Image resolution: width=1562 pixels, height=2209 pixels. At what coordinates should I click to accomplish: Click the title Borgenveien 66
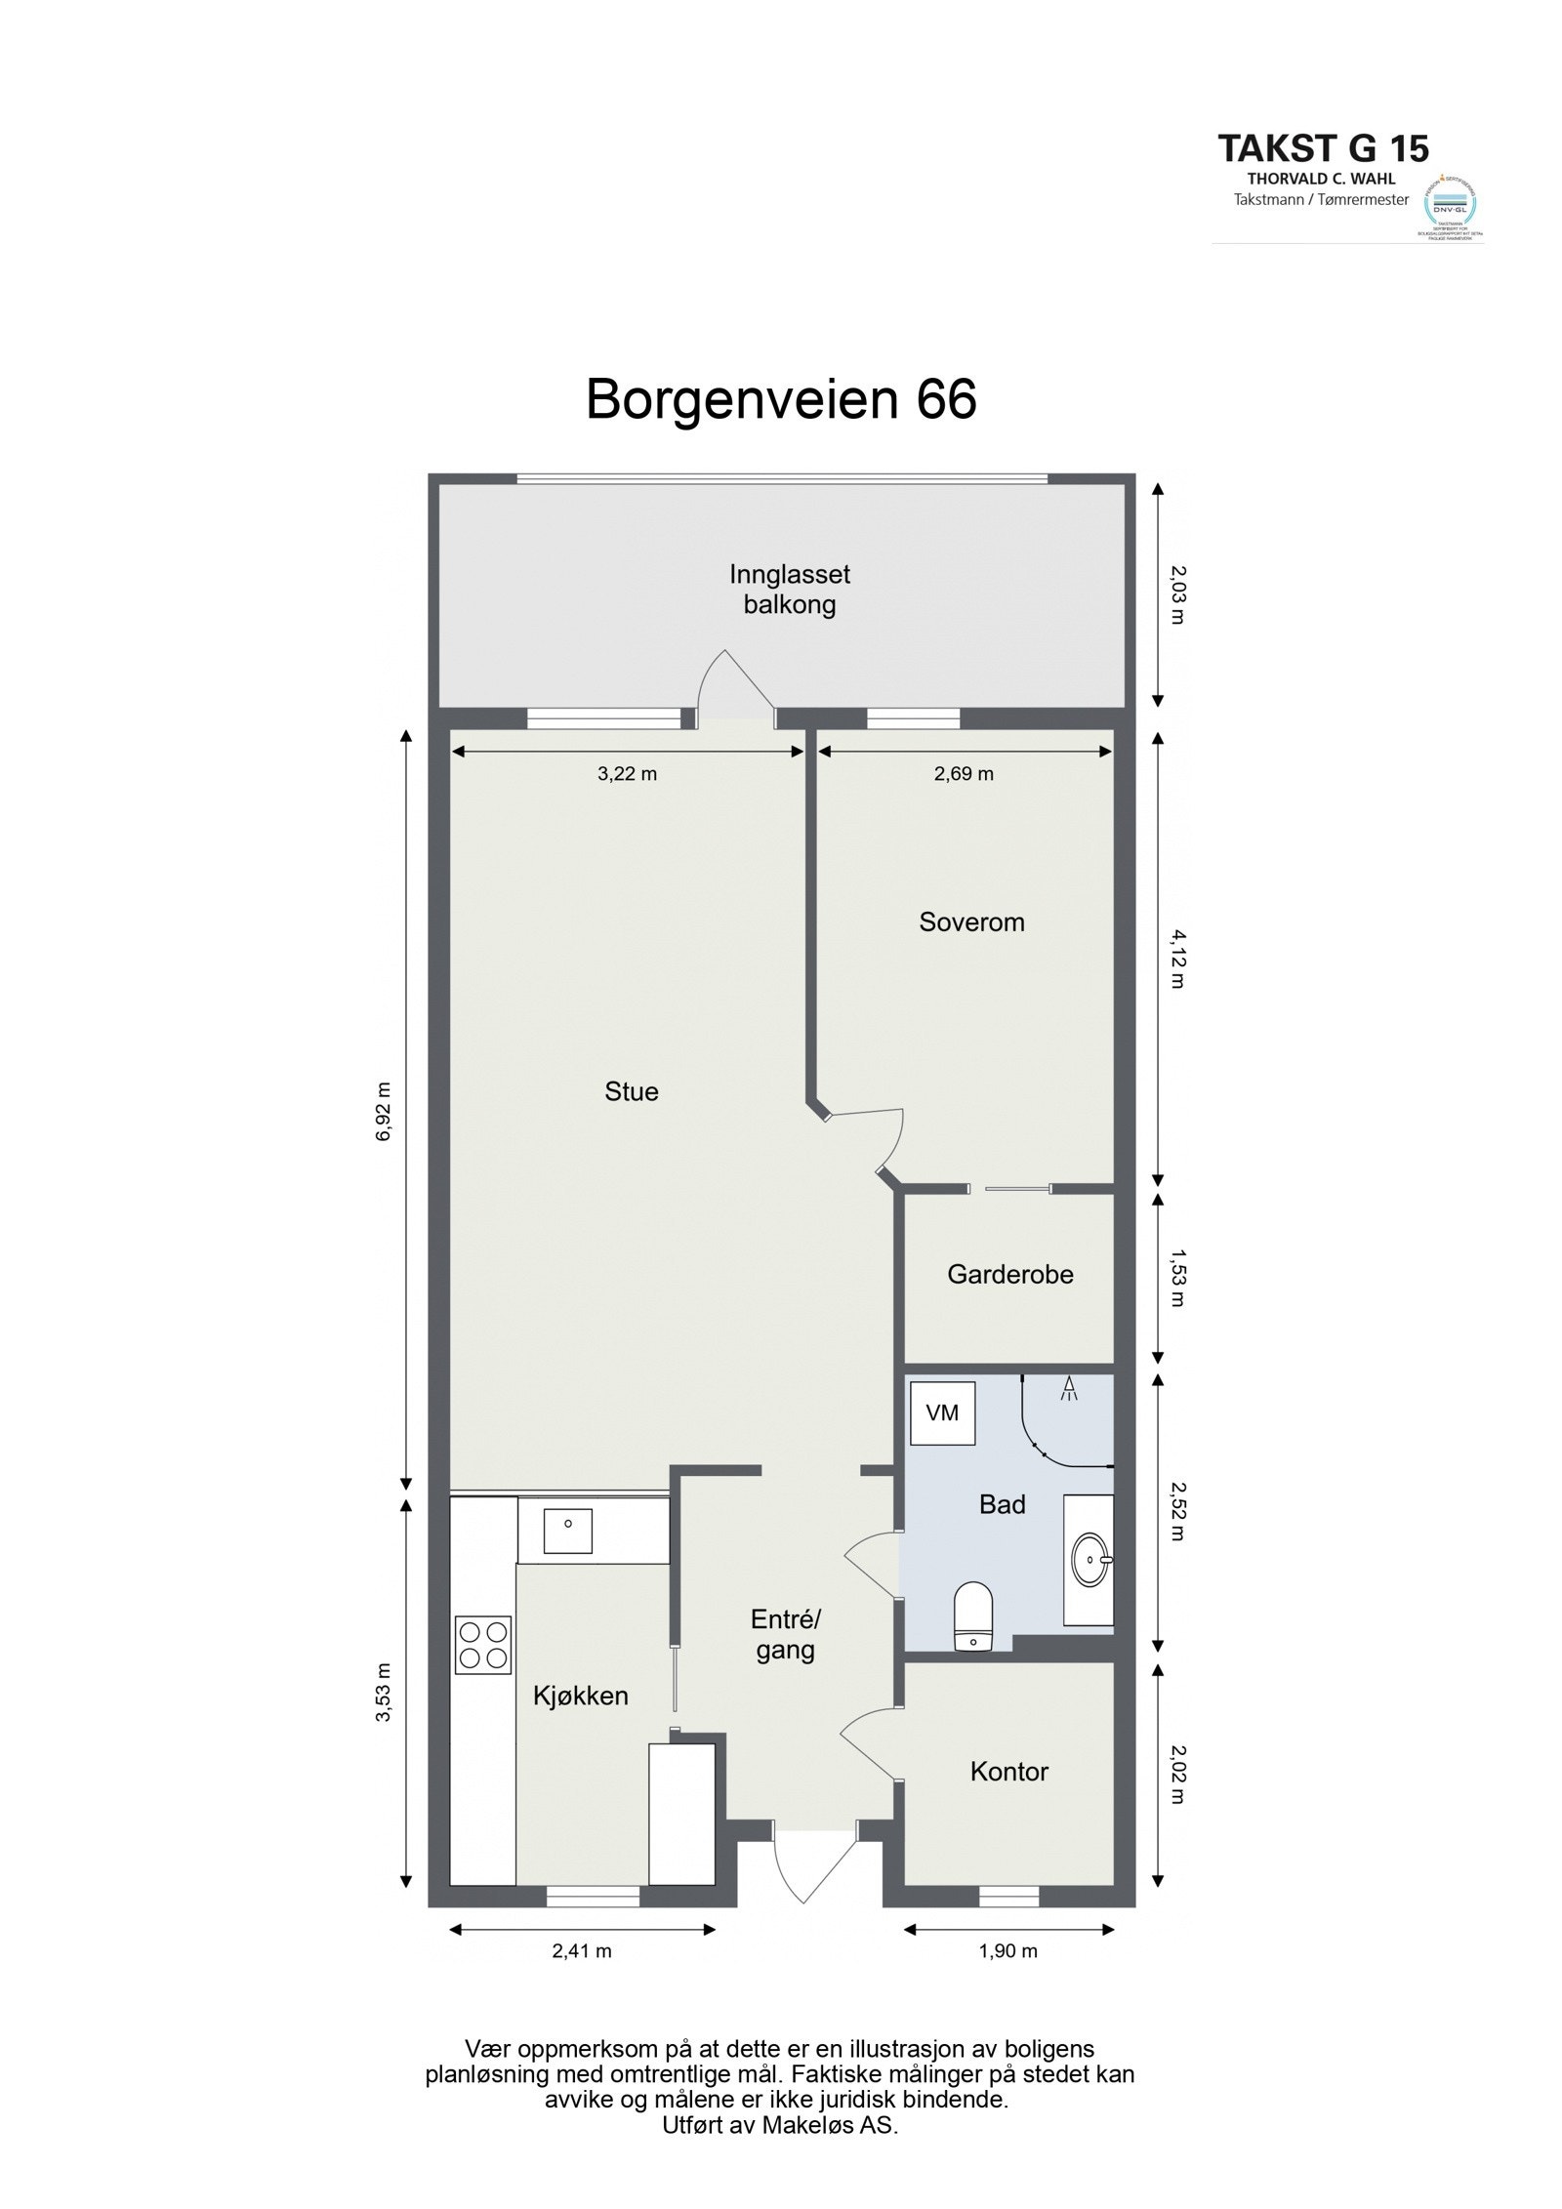(x=780, y=400)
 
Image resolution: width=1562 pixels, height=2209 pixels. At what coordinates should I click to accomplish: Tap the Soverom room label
(x=970, y=922)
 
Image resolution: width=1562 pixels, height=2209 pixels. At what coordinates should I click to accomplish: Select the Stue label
(x=631, y=1091)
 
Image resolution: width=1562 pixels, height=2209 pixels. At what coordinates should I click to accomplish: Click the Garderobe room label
(x=1009, y=1274)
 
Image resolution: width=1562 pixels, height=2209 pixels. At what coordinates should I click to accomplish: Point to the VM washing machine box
(x=942, y=1412)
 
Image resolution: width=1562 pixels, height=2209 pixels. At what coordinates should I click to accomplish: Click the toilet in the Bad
(x=971, y=1617)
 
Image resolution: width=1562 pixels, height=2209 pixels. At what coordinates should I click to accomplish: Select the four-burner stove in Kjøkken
(x=483, y=1645)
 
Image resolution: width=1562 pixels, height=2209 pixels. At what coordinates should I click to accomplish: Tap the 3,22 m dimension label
(x=627, y=774)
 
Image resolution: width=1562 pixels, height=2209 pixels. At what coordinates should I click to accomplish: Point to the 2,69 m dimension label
(x=964, y=774)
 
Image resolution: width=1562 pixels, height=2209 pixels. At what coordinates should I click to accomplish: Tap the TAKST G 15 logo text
(x=1323, y=148)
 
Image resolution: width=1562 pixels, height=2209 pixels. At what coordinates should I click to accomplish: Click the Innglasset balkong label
(x=789, y=590)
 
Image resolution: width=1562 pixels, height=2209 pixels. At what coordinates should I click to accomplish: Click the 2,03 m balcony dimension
(x=1175, y=596)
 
